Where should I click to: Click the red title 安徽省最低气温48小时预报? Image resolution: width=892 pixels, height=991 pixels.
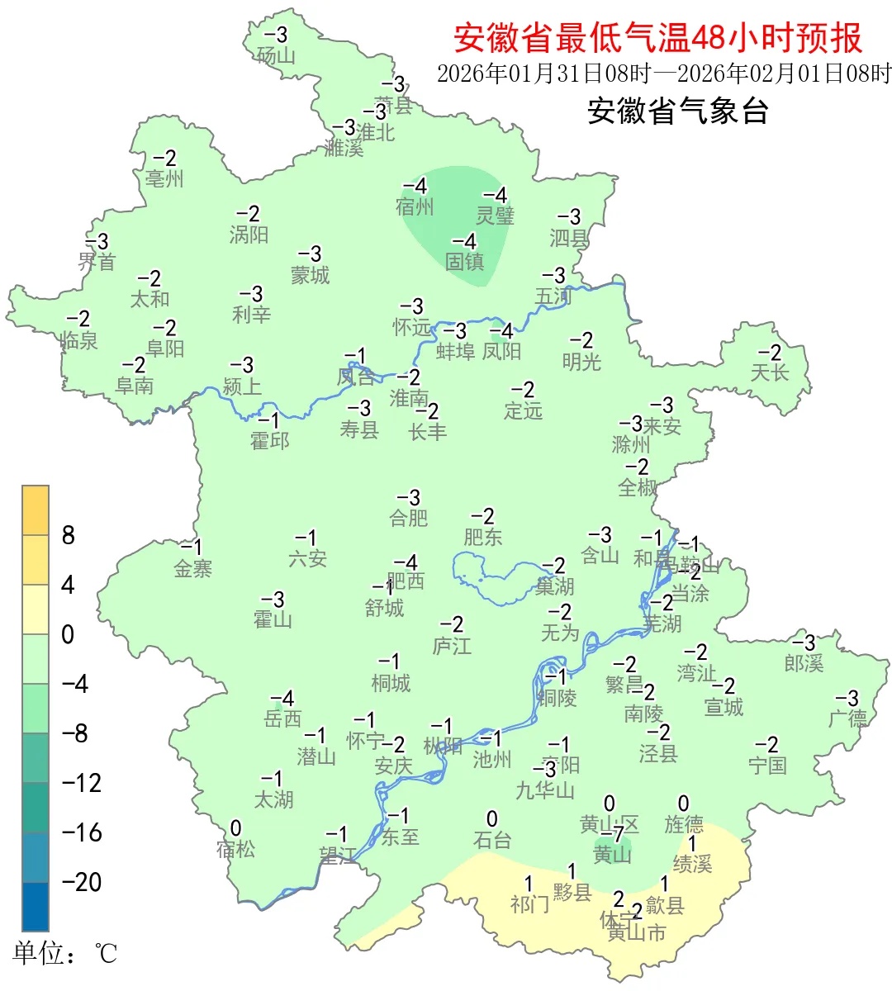click(657, 38)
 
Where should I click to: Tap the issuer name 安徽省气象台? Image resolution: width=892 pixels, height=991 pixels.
click(677, 111)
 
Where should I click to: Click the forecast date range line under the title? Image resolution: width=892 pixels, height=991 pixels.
click(664, 73)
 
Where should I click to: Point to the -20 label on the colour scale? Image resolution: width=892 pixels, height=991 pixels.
click(82, 882)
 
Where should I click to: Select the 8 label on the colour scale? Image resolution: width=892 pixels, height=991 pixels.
click(69, 535)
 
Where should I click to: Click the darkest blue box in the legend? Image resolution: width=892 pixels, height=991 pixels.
click(36, 907)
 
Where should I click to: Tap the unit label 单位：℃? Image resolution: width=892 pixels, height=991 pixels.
click(65, 955)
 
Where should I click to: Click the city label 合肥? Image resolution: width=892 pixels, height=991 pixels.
click(409, 518)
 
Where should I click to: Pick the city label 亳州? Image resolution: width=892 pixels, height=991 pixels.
click(164, 178)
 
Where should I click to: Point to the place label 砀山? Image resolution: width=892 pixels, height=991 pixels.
click(276, 55)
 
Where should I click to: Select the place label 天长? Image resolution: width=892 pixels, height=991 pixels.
click(770, 372)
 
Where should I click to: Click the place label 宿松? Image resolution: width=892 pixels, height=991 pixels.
click(235, 848)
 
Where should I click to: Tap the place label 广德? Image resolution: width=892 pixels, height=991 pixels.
click(848, 718)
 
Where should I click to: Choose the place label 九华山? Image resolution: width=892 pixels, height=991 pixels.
click(545, 790)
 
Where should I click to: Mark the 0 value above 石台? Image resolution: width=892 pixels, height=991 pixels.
click(492, 819)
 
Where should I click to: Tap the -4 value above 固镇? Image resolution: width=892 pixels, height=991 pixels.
click(464, 241)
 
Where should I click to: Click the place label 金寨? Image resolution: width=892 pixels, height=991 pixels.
click(193, 568)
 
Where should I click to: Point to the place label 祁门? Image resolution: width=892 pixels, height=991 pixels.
click(529, 904)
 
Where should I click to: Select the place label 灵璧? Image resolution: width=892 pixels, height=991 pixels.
click(496, 216)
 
